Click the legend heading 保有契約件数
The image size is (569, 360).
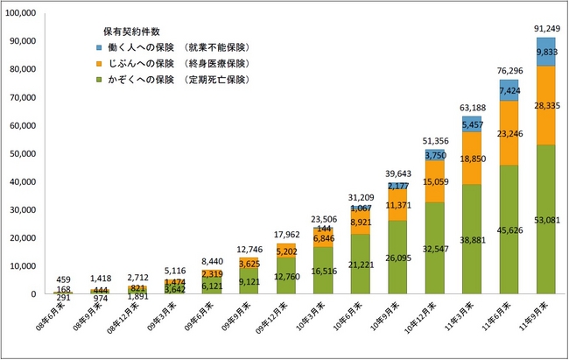129,30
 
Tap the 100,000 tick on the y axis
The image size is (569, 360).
18,13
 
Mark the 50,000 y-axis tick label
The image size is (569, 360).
20,153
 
